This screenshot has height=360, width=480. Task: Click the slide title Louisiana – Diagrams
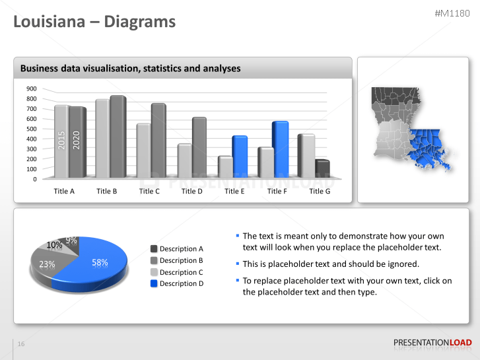[94, 22]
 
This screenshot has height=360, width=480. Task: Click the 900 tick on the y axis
[32, 89]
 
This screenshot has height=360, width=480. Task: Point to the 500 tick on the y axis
[32, 129]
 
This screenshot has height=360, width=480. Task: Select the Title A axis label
[64, 191]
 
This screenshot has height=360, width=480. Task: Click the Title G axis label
[320, 191]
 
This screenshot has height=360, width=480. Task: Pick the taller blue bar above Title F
[281, 149]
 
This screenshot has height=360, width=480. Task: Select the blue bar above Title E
[239, 157]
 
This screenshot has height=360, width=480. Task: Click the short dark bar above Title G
[322, 168]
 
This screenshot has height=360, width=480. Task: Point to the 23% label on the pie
[47, 264]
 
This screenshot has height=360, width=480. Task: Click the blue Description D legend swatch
[154, 283]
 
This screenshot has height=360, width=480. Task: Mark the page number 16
[21, 344]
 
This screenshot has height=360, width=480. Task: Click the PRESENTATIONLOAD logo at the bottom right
[432, 342]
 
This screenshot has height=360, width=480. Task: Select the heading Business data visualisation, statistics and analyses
[130, 68]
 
